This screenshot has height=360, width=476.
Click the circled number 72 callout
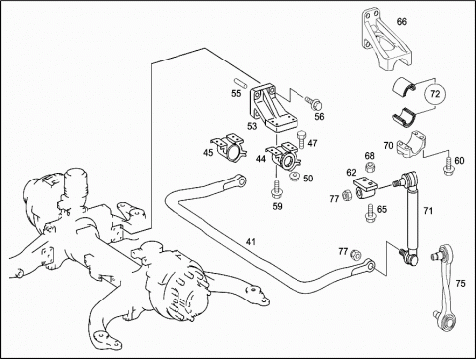click(435, 94)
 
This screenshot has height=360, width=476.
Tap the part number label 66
click(402, 22)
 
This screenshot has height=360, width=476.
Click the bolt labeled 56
click(314, 103)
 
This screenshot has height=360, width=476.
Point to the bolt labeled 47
click(301, 140)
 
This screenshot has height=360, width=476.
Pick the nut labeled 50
click(294, 177)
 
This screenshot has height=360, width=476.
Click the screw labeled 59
click(276, 190)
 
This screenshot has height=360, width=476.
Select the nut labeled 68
click(370, 167)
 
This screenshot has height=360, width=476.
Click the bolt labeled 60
click(448, 165)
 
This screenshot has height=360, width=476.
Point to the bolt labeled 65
click(370, 213)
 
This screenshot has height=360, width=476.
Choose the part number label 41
click(251, 242)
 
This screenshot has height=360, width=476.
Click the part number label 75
click(460, 284)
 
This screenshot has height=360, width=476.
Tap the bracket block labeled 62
click(367, 187)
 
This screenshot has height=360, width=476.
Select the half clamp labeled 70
click(411, 146)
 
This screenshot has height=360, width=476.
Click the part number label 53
click(252, 127)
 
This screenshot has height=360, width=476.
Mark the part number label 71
click(428, 211)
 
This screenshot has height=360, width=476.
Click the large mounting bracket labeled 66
click(386, 41)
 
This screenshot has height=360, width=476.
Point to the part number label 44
click(261, 159)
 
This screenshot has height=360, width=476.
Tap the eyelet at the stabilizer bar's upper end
click(241, 180)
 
